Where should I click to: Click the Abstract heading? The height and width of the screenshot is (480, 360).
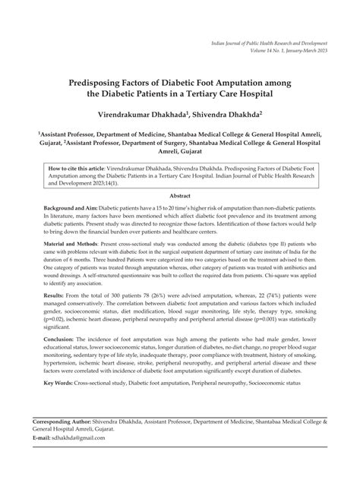tap(179, 195)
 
